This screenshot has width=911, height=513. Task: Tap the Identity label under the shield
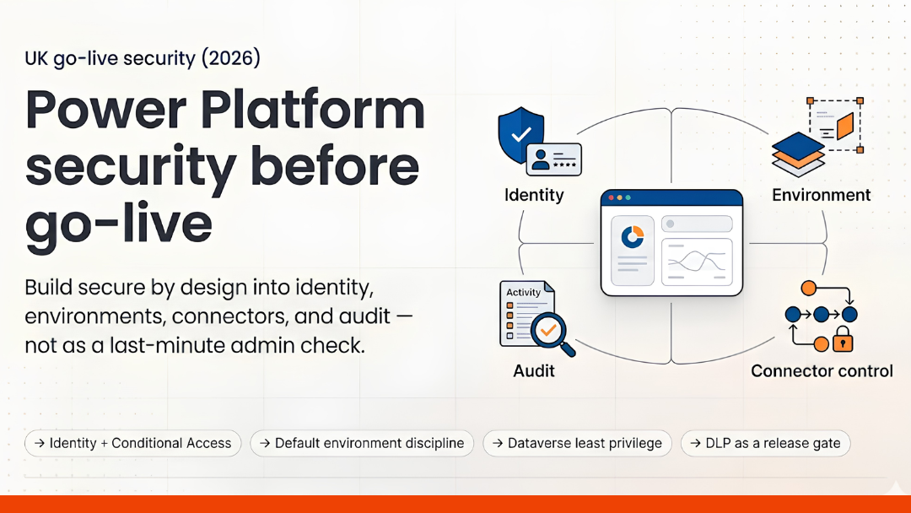534,195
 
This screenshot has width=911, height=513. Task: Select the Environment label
821,195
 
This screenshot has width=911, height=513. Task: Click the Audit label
534,370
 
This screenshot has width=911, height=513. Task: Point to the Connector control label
822,370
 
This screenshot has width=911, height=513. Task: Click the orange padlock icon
842,341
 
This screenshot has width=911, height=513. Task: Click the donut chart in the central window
632,236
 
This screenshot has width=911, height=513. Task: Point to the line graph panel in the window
696,261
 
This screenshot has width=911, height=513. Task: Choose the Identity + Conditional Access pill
132,443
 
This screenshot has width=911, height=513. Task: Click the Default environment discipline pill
362,443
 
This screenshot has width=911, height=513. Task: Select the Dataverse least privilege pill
577,443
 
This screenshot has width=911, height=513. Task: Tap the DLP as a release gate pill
765,443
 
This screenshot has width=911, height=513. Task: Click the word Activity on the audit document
523,293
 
